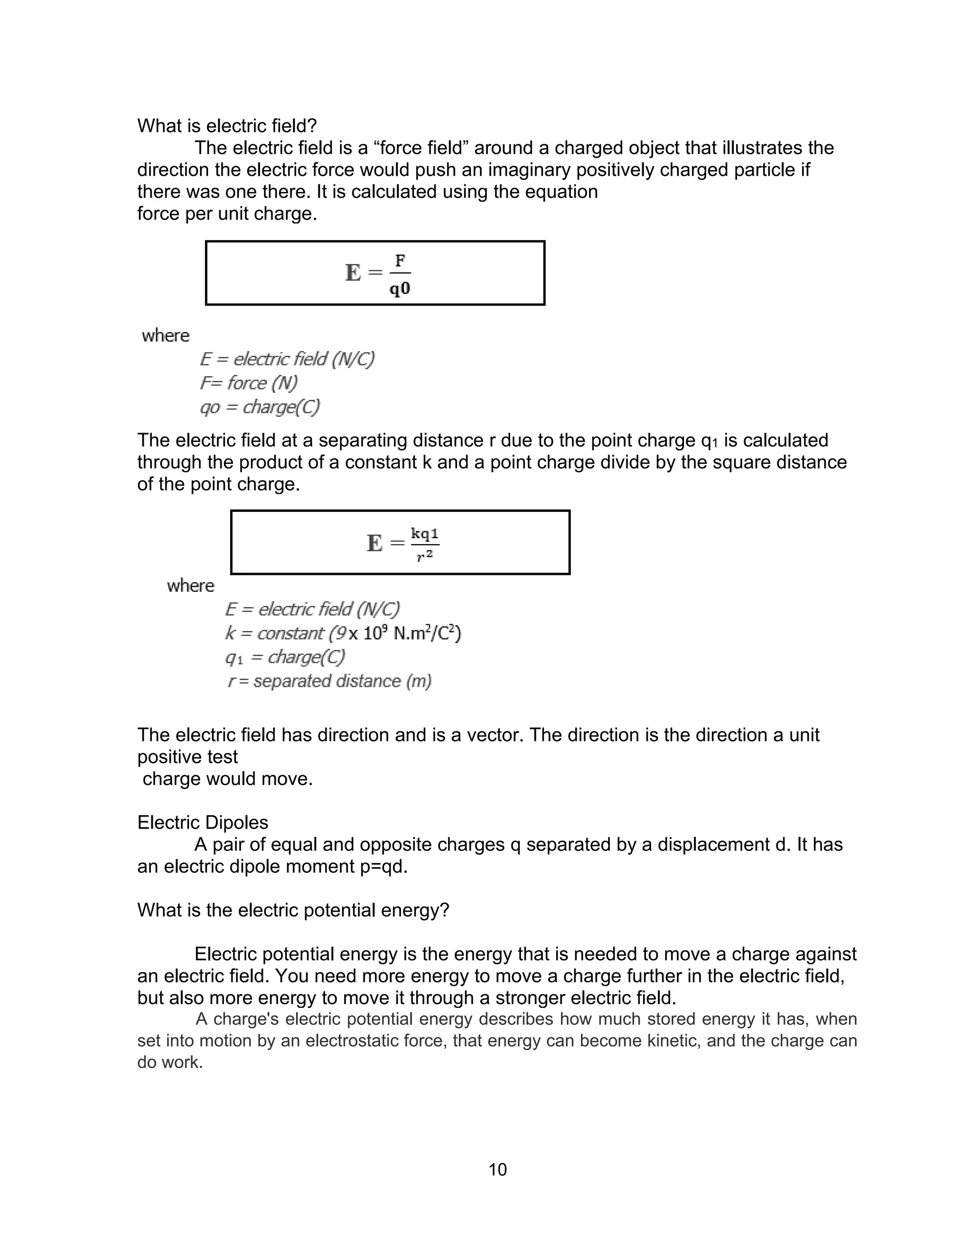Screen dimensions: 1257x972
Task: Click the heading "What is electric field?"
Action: pyautogui.click(x=227, y=126)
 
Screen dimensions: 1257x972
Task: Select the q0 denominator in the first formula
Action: pyautogui.click(x=400, y=288)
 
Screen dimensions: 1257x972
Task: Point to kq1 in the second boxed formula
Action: pyautogui.click(x=424, y=534)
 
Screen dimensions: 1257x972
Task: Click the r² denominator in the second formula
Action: pyautogui.click(x=424, y=556)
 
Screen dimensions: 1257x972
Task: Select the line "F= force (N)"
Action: pyautogui.click(x=249, y=383)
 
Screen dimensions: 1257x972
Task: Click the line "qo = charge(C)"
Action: pyautogui.click(x=260, y=407)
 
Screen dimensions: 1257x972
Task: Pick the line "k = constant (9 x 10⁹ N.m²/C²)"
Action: pyautogui.click(x=343, y=633)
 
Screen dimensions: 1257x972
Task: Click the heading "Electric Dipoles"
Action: pyautogui.click(x=203, y=823)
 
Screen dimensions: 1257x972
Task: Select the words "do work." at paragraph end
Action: pyautogui.click(x=170, y=1062)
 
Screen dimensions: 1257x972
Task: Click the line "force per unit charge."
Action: pyautogui.click(x=227, y=213)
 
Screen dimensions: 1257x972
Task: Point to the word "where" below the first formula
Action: pyautogui.click(x=165, y=335)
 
